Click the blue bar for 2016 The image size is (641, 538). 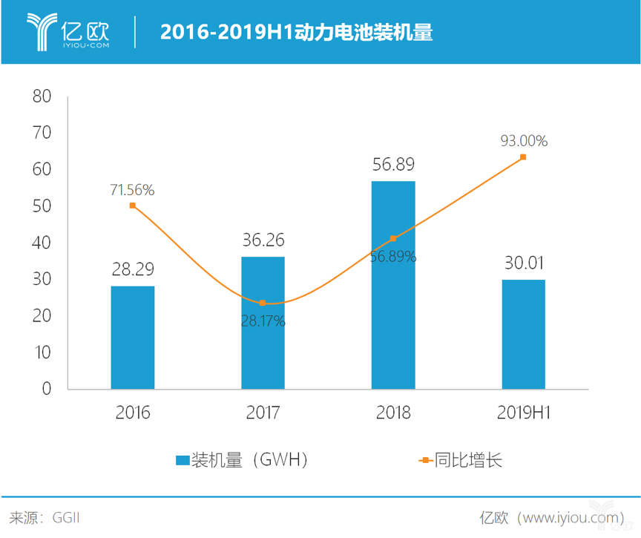tap(133, 338)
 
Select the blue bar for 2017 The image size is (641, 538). tap(263, 323)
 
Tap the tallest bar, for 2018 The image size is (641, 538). tap(393, 285)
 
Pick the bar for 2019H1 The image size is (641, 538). tap(523, 334)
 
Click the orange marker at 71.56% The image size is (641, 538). tap(133, 206)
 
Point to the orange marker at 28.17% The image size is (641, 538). tap(263, 303)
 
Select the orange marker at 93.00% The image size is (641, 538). tap(523, 157)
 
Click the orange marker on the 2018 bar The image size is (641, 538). tap(393, 238)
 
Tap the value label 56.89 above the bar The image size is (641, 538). tap(393, 164)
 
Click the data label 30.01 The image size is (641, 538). tap(523, 263)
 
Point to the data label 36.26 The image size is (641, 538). tap(263, 240)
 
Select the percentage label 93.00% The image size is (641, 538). tap(523, 140)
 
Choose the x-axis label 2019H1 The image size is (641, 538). tap(523, 413)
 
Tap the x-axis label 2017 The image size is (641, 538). tap(263, 413)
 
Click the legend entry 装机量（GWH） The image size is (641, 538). tap(241, 460)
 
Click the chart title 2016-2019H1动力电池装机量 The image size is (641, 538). tap(297, 33)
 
